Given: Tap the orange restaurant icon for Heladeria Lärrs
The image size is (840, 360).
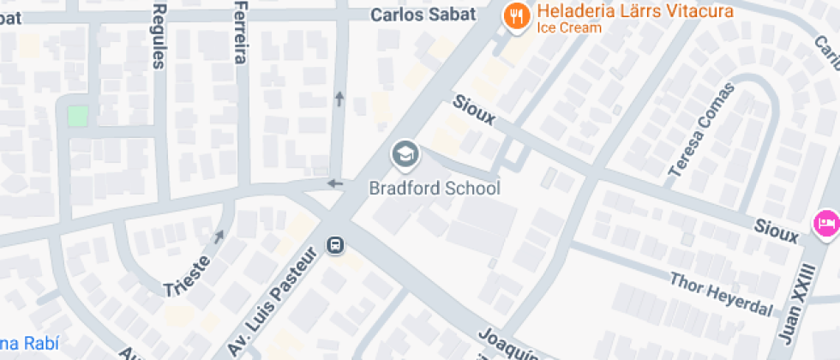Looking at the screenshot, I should pos(515,16).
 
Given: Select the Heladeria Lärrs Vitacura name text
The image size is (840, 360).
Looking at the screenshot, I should pos(635,11).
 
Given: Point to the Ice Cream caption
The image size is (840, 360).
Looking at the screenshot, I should pos(569,27).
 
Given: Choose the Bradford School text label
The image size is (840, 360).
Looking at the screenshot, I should pos(434,188).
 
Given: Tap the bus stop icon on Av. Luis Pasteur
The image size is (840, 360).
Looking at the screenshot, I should pos(336,246).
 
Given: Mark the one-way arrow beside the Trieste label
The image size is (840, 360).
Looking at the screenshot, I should pos(219,236).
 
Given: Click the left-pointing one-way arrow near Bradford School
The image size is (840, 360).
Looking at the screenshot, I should pos(335,183).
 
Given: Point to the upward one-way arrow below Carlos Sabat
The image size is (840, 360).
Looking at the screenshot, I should pos(339,99).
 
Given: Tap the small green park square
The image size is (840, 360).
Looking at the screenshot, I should pos(78,115).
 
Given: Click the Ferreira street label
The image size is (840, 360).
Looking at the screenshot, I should pos(240,32).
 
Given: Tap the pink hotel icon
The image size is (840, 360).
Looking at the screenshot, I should pos(825,224).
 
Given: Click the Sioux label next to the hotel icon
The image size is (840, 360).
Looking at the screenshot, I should pos(777,228).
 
